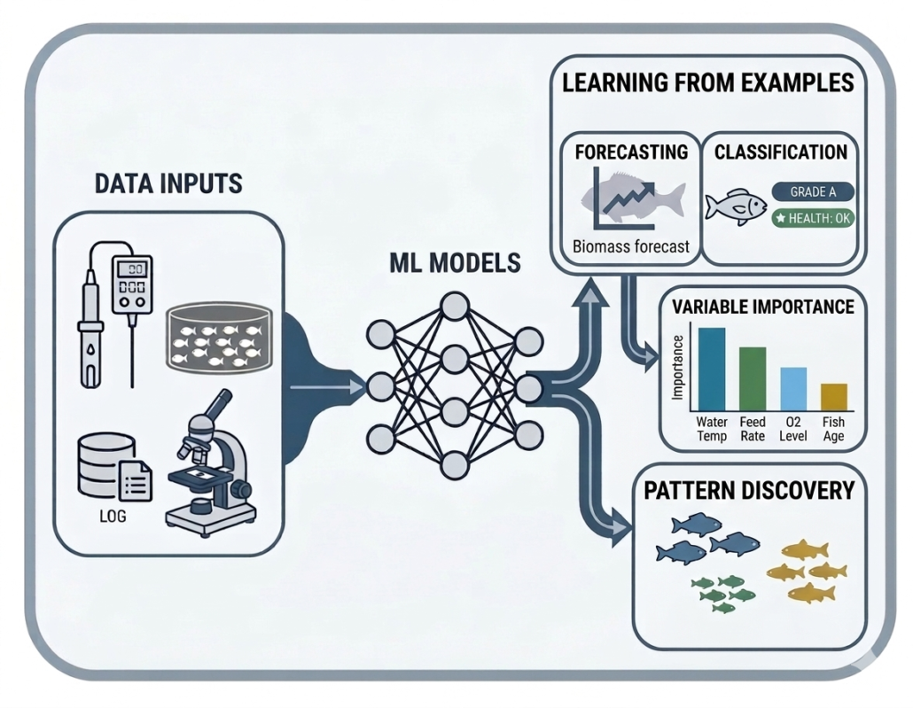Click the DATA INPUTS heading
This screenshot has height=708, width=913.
click(168, 183)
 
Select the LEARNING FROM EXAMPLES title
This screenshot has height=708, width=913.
click(707, 83)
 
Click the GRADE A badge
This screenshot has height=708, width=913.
click(812, 191)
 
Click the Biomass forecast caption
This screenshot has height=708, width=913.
click(630, 246)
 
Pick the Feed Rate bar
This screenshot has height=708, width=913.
click(752, 378)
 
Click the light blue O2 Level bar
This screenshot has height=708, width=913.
click(792, 388)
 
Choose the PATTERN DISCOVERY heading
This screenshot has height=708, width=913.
click(749, 490)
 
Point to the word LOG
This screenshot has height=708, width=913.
click(113, 515)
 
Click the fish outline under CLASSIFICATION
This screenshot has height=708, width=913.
click(736, 206)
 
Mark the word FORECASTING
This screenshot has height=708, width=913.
click(631, 152)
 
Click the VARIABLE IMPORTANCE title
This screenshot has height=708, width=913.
click(762, 307)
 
